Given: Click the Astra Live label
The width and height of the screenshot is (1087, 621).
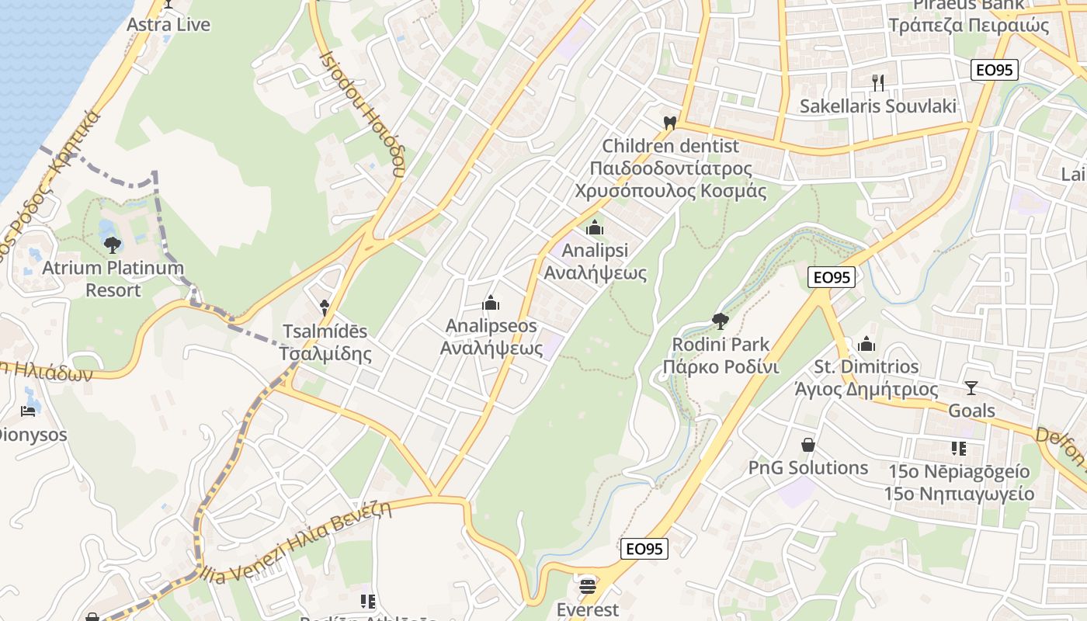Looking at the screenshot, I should (168, 25).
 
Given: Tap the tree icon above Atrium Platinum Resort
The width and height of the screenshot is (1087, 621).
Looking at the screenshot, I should (113, 245).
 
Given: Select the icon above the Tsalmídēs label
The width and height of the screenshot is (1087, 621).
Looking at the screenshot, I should (325, 308).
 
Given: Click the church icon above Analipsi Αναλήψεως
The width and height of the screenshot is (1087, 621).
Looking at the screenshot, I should (596, 227).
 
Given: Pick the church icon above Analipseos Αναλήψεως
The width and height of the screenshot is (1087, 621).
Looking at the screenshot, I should (491, 303).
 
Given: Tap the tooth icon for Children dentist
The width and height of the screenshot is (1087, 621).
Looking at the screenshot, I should (670, 123).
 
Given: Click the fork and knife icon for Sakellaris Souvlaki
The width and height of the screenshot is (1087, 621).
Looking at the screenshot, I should (878, 82).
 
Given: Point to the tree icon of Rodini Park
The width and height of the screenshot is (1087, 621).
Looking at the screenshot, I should (721, 321).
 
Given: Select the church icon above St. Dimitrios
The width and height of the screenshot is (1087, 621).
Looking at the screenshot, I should (866, 344).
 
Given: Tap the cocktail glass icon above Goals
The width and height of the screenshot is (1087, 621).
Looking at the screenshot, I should (971, 387).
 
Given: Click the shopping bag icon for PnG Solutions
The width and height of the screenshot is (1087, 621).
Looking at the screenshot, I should (808, 445).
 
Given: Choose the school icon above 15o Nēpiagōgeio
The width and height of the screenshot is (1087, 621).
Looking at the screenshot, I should (958, 449).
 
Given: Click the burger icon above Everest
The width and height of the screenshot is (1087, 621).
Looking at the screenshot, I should (588, 586).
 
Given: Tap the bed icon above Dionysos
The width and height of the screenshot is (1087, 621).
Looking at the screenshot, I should (30, 411).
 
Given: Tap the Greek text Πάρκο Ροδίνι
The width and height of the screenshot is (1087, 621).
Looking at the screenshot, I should (721, 366).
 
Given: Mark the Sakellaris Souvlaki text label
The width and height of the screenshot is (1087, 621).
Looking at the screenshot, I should (878, 106).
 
